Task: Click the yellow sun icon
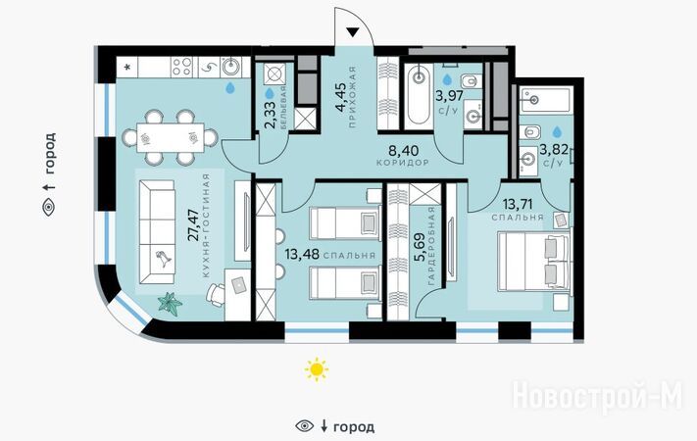316,369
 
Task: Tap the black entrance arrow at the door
352,32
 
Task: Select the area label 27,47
193,225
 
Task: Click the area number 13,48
302,254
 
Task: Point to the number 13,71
518,205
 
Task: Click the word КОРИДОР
403,163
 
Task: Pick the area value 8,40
403,150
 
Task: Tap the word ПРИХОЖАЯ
353,97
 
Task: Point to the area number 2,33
271,115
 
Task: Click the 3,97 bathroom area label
451,95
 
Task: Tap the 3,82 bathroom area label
554,149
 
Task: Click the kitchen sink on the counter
231,67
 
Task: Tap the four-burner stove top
182,67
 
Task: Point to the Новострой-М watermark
597,397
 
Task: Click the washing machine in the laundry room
274,74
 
